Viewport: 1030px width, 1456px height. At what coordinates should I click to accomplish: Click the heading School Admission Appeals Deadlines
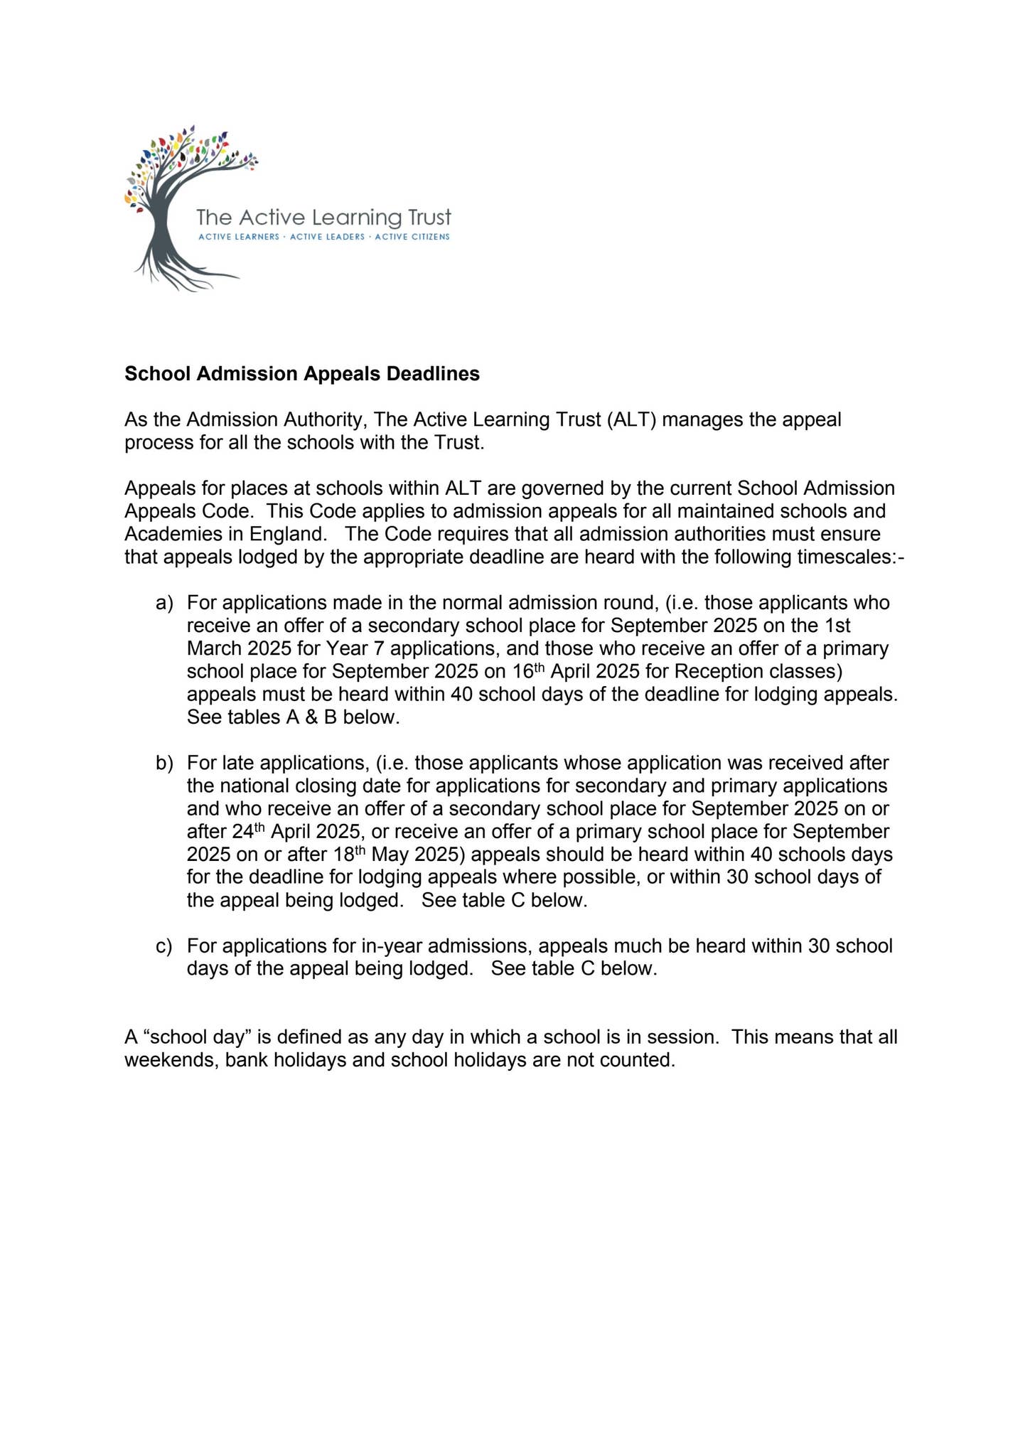click(302, 374)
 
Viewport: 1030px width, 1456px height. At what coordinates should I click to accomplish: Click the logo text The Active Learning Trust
click(323, 216)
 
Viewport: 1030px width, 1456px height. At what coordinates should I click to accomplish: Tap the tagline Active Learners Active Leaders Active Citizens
click(323, 237)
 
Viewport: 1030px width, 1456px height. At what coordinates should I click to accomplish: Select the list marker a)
click(164, 603)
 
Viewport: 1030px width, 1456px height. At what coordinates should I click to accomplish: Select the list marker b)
click(164, 763)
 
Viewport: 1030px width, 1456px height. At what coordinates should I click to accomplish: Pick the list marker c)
click(164, 946)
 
